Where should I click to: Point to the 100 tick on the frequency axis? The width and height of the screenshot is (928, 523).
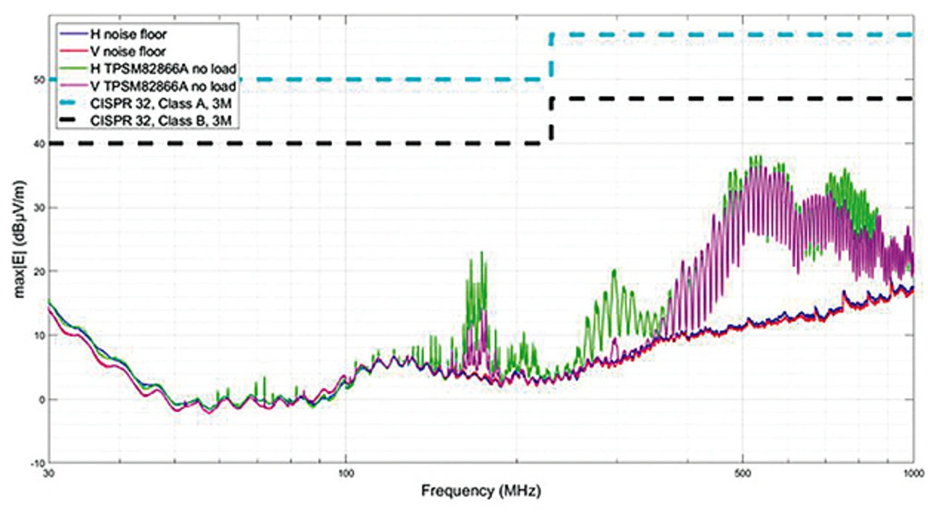coord(346,473)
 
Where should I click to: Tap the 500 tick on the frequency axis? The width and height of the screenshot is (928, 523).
coord(742,473)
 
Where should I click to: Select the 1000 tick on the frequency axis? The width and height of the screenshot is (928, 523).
coord(911,473)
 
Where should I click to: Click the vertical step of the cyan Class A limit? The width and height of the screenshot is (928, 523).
coord(552,57)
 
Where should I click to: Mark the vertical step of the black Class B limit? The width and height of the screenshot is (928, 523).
coord(552,120)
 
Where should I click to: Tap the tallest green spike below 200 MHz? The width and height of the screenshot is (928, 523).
coord(482,254)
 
